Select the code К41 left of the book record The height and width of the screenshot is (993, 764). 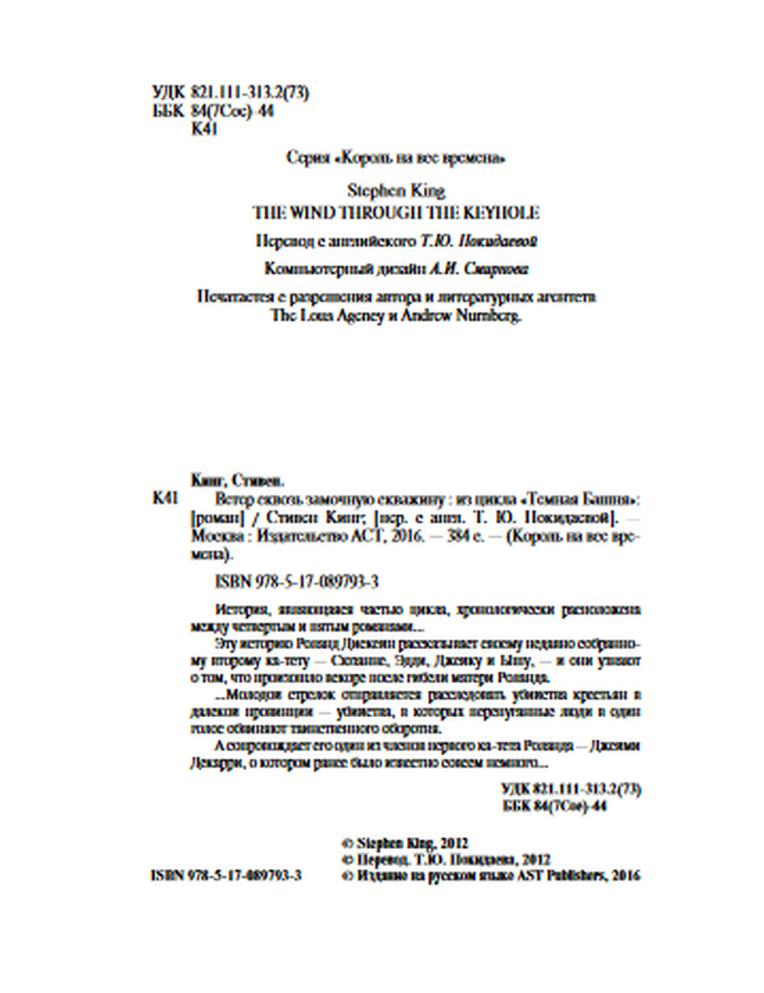point(165,499)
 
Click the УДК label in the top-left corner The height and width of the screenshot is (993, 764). point(167,94)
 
